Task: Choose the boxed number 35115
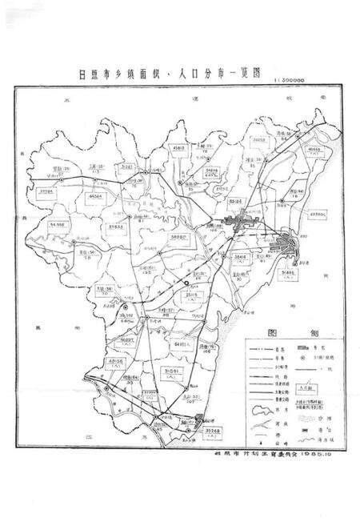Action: click(x=194, y=295)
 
